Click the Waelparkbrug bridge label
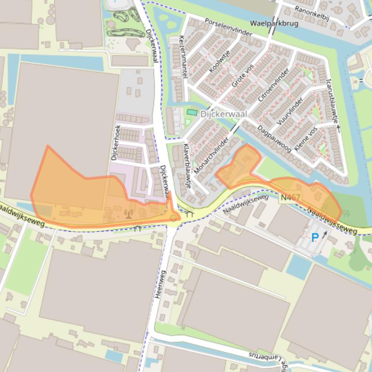[x=274, y=23]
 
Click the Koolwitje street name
[x=220, y=61]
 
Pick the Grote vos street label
[x=243, y=76]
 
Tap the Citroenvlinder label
[x=273, y=85]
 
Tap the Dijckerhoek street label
[x=116, y=143]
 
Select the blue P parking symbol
[x=315, y=237]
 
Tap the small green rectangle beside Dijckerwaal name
[x=192, y=113]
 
